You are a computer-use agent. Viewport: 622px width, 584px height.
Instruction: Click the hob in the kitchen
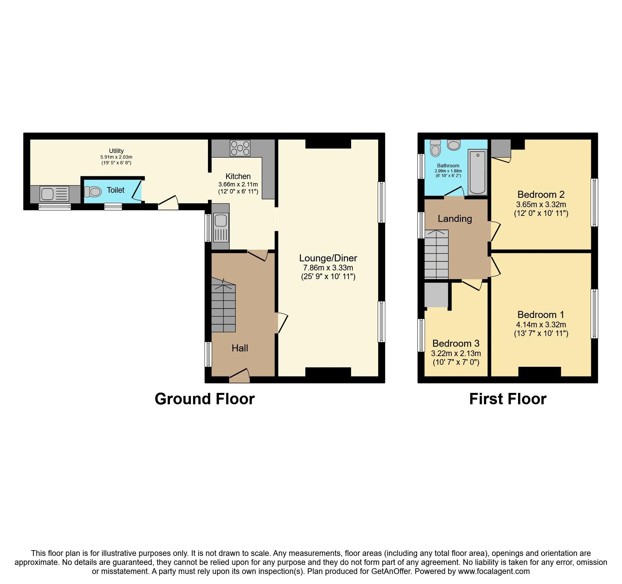tap(240, 148)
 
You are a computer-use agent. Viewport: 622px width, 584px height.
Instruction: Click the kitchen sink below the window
tap(221, 227)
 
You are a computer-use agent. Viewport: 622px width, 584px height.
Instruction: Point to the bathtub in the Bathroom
tap(477, 172)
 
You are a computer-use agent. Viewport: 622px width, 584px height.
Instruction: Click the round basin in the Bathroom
tap(454, 145)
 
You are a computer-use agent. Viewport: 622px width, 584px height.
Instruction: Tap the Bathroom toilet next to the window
tap(435, 148)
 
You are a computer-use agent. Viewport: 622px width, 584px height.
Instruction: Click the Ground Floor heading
tap(205, 399)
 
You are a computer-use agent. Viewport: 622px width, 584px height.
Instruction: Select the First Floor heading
tap(507, 399)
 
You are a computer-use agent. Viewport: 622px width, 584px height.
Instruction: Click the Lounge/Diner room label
tap(328, 258)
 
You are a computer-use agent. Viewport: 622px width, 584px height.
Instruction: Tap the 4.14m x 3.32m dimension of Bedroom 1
tap(541, 324)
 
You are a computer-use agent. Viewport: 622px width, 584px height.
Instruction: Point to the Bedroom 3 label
tap(455, 343)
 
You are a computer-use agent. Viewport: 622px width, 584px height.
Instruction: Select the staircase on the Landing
tap(436, 254)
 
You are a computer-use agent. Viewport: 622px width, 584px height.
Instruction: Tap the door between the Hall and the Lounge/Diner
tap(278, 323)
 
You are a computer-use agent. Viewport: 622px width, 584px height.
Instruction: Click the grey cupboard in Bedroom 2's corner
tap(501, 148)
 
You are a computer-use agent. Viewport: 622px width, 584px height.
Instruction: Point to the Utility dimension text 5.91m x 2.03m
tap(116, 157)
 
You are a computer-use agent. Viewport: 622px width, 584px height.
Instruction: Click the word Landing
tap(454, 219)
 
